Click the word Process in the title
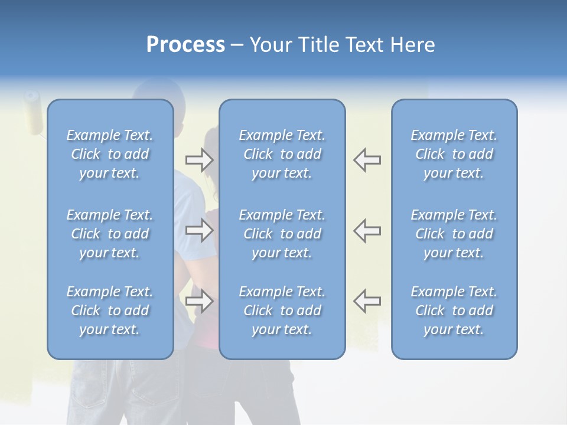[x=185, y=45]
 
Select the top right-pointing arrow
[x=199, y=159]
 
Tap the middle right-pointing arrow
[x=199, y=230]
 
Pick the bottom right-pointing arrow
[x=199, y=301]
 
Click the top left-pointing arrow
[x=367, y=159]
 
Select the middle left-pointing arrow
[x=367, y=230]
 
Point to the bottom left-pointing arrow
[x=367, y=301]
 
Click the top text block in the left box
[x=110, y=154]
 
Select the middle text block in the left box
[x=110, y=234]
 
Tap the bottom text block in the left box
[x=110, y=310]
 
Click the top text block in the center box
[x=282, y=154]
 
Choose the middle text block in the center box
[x=282, y=234]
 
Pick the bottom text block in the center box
[x=282, y=310]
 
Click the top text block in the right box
[x=454, y=154]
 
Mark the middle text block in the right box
[x=454, y=234]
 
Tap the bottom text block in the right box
[x=454, y=310]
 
